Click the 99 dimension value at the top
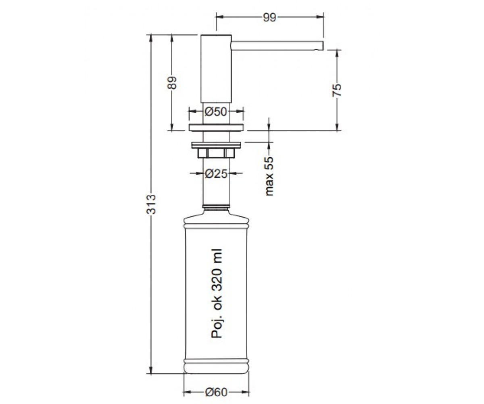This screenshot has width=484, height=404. [269, 17]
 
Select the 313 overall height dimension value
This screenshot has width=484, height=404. [151, 204]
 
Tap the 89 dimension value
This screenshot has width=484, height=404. [172, 83]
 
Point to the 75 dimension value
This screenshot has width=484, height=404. [337, 90]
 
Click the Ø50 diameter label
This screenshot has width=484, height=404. [215, 112]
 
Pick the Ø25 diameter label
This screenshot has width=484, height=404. [216, 173]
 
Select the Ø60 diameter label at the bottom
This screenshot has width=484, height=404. [216, 392]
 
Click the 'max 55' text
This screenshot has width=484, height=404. [269, 176]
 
